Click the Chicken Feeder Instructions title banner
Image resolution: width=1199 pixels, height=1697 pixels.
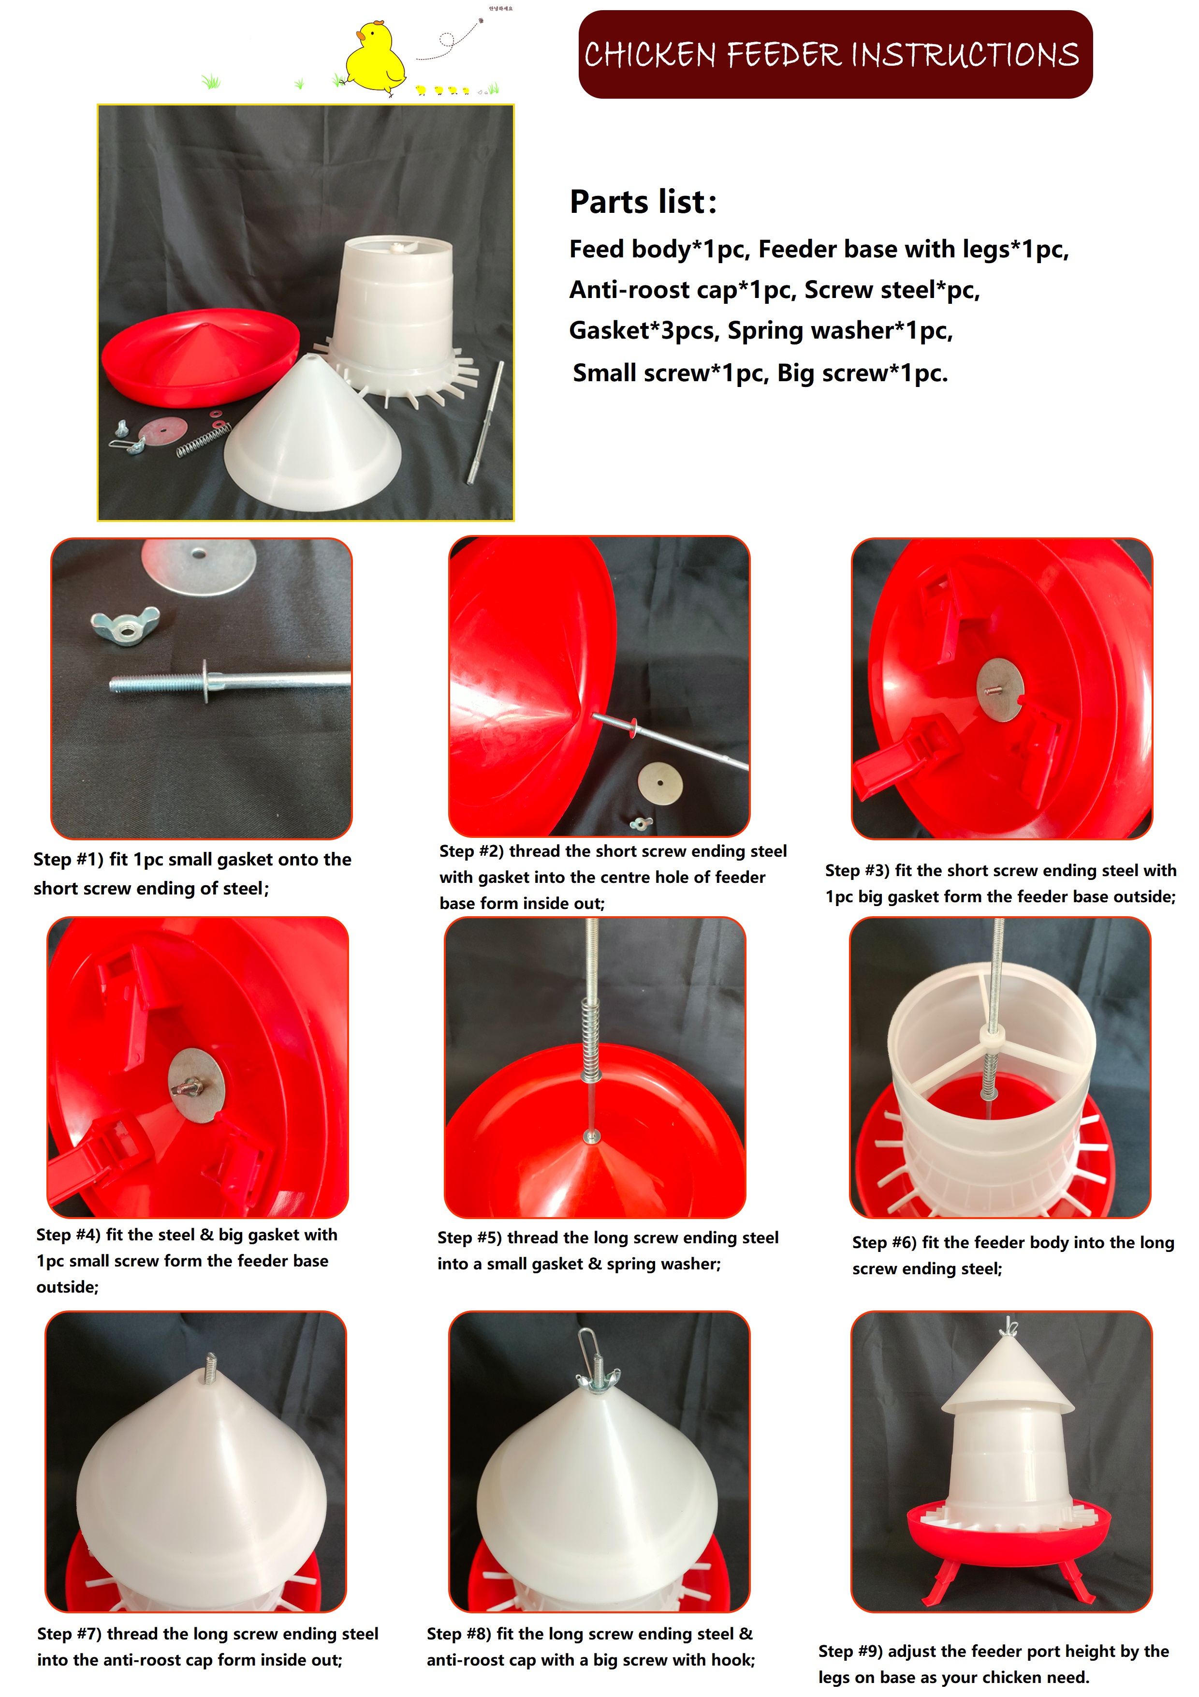click(835, 54)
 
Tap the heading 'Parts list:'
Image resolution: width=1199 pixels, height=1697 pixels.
click(643, 202)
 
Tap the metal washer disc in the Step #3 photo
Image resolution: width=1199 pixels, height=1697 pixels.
click(1000, 690)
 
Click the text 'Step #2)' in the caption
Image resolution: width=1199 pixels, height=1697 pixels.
click(471, 851)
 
